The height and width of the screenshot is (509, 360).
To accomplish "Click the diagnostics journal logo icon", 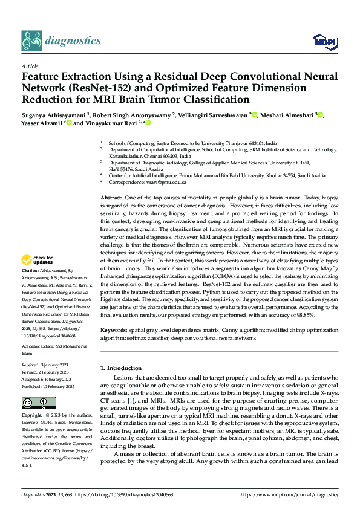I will (31, 41).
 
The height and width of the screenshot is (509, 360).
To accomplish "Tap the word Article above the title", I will (30, 66).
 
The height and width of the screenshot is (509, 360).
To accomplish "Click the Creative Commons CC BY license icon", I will (38, 403).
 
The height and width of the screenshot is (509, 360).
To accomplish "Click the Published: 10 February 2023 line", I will (48, 386).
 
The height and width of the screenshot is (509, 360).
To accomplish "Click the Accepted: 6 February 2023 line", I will (47, 380).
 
